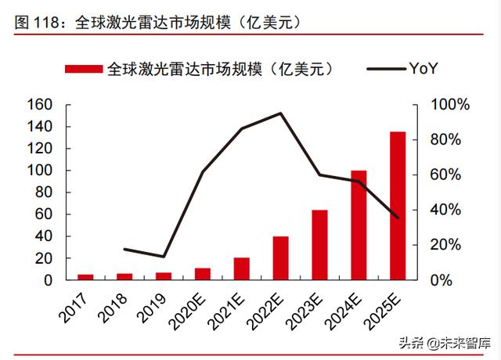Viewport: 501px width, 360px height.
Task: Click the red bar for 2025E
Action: click(x=398, y=205)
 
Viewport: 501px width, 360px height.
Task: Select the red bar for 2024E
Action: click(x=359, y=225)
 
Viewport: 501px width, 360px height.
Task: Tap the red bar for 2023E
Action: click(x=319, y=244)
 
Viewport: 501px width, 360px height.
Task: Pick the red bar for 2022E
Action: click(x=280, y=257)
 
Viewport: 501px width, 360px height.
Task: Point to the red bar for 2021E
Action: click(x=242, y=268)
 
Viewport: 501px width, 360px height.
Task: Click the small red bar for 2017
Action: click(x=85, y=277)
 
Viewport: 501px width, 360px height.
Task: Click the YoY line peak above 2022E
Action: click(x=280, y=113)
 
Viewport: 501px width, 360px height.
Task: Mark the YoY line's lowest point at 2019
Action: click(x=164, y=257)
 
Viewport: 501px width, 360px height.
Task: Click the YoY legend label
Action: click(x=423, y=69)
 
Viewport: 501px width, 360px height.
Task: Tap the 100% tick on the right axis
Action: click(x=452, y=105)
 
